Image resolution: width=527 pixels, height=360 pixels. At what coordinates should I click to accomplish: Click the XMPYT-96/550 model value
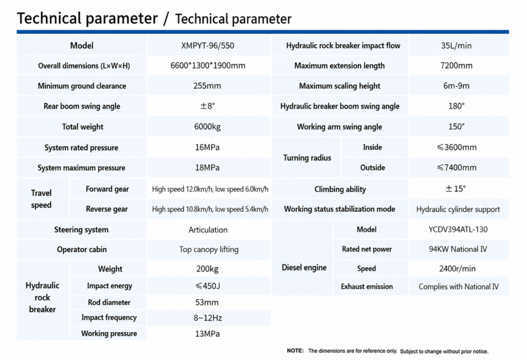tap(207, 46)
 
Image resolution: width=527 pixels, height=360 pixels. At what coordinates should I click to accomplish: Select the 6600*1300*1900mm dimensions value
tap(208, 65)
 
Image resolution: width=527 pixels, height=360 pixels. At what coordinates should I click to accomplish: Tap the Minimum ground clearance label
tap(82, 86)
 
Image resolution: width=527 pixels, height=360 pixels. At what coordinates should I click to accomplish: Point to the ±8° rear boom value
tap(207, 106)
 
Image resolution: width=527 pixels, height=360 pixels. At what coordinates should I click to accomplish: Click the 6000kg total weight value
tap(207, 127)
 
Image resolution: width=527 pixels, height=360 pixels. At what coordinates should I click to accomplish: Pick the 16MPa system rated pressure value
tap(207, 148)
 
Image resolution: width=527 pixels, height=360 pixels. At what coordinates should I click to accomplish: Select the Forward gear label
tap(107, 189)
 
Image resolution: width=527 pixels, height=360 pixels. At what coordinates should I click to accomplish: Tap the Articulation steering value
tap(208, 230)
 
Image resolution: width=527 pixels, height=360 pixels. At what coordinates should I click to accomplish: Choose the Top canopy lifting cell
tap(209, 249)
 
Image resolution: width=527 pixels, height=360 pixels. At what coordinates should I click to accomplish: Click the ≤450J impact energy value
tap(207, 286)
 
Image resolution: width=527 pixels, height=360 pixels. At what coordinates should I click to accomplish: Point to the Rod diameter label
tap(109, 302)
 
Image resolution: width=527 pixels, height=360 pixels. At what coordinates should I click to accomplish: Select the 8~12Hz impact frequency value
tap(207, 318)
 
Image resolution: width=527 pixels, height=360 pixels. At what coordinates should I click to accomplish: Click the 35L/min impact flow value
tap(456, 46)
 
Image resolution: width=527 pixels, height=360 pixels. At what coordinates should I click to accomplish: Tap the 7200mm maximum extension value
tap(456, 65)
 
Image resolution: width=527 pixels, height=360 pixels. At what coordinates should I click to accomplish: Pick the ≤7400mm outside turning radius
tap(456, 168)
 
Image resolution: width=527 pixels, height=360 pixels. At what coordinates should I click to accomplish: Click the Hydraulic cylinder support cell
tap(458, 209)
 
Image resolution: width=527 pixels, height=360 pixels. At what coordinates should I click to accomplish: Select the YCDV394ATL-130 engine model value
tap(458, 230)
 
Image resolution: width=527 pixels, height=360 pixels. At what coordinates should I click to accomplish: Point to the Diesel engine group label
tap(304, 267)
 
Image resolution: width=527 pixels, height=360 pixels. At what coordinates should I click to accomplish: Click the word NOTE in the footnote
tap(295, 351)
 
